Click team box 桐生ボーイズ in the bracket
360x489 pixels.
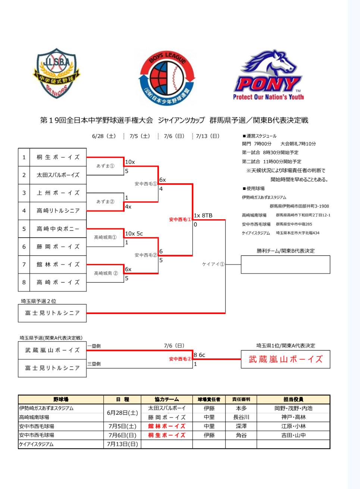click(x=58, y=157)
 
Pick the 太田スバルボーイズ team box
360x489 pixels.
click(x=58, y=175)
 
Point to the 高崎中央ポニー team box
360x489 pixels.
click(x=58, y=229)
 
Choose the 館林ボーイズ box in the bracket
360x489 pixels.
click(x=58, y=264)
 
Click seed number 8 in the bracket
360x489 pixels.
click(x=24, y=282)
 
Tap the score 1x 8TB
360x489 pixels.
click(x=203, y=216)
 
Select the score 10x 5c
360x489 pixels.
click(x=134, y=233)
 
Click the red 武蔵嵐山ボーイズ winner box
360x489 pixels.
click(x=285, y=359)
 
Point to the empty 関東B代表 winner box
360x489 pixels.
click(x=285, y=264)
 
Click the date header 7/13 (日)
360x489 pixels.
click(x=208, y=136)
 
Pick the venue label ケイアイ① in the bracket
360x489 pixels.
click(x=213, y=264)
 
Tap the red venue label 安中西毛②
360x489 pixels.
click(x=180, y=359)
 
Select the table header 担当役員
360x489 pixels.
click(x=293, y=399)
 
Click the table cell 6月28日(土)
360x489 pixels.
click(x=122, y=413)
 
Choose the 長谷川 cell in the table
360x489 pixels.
click(x=241, y=417)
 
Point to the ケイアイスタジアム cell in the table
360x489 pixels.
click(x=37, y=444)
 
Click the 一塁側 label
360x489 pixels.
click(x=94, y=346)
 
